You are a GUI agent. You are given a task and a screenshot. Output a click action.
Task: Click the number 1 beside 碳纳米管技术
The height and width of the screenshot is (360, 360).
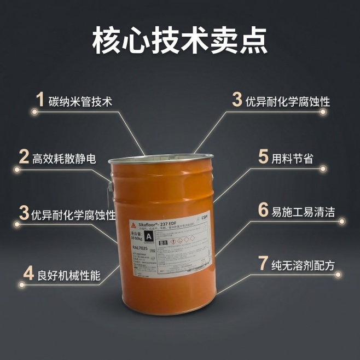[x=39, y=100]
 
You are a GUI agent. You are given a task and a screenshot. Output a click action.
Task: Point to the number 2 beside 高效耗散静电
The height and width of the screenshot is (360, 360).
[x=24, y=157]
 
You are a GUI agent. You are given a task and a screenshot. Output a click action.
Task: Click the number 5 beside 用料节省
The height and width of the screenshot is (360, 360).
[x=263, y=157]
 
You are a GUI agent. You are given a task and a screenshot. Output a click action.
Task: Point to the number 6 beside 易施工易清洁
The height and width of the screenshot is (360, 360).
[x=263, y=210]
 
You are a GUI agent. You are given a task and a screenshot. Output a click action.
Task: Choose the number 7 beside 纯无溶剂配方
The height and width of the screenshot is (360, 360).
[x=263, y=264]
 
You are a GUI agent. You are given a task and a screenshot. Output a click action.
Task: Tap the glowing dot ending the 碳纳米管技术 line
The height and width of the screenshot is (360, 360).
[x=34, y=112]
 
